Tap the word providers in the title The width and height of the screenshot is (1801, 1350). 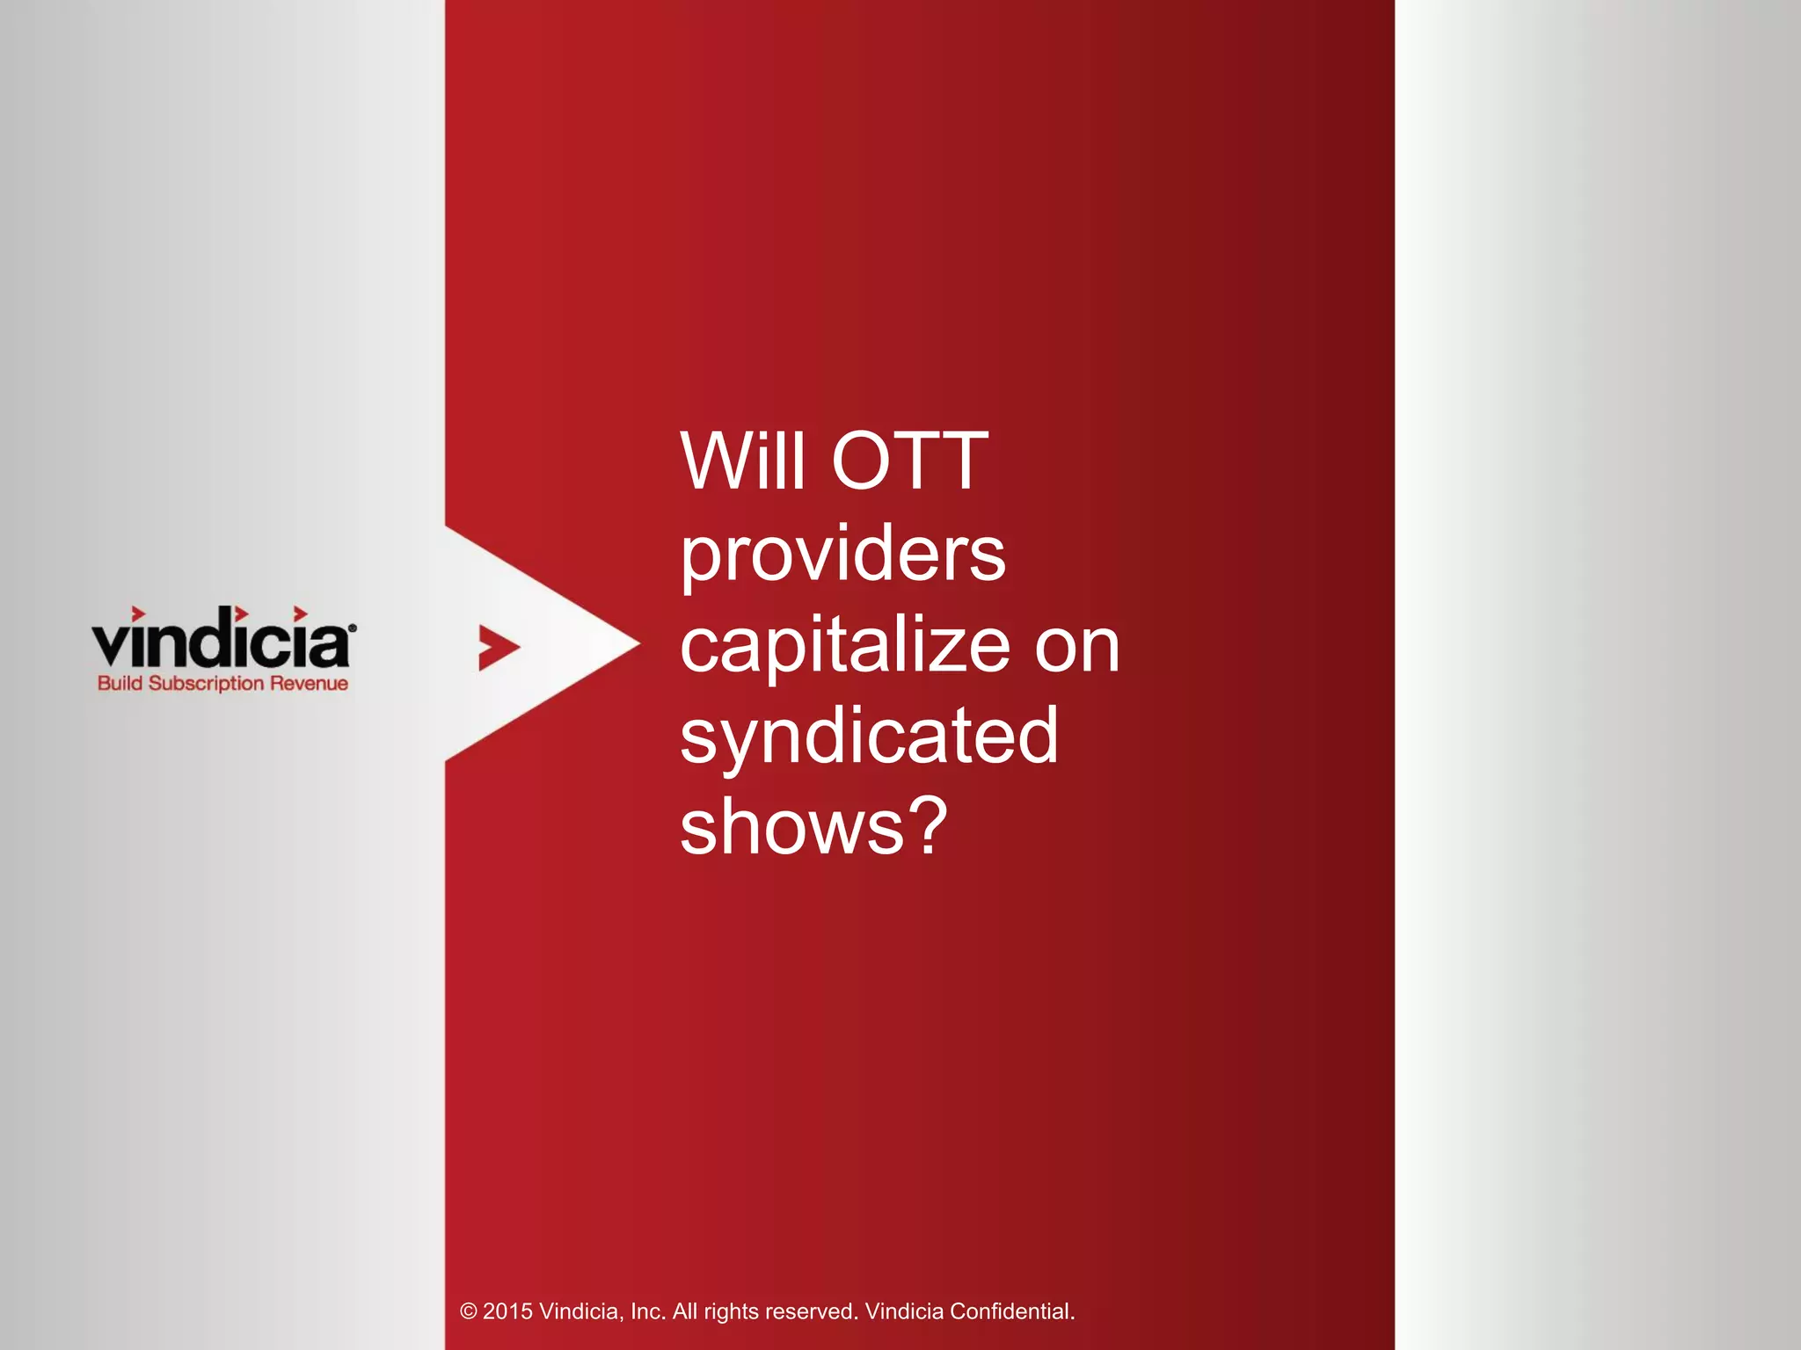(x=842, y=555)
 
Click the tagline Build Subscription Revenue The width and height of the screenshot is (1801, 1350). (x=222, y=684)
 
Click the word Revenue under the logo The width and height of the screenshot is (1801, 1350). (x=309, y=684)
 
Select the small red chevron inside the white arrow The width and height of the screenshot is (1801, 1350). (x=498, y=648)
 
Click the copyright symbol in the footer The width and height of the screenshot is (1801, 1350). (x=469, y=1312)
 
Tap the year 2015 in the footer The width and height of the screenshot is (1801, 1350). (x=507, y=1312)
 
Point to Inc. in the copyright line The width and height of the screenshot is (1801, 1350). (x=648, y=1312)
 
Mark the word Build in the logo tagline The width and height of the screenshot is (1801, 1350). (x=120, y=684)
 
